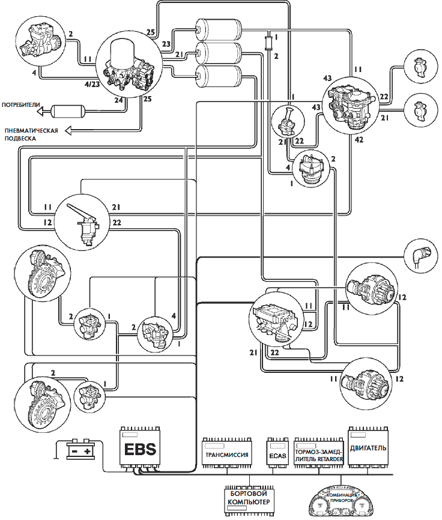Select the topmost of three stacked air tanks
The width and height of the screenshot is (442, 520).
tap(218, 28)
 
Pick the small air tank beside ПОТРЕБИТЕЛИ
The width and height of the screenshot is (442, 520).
tap(66, 110)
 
